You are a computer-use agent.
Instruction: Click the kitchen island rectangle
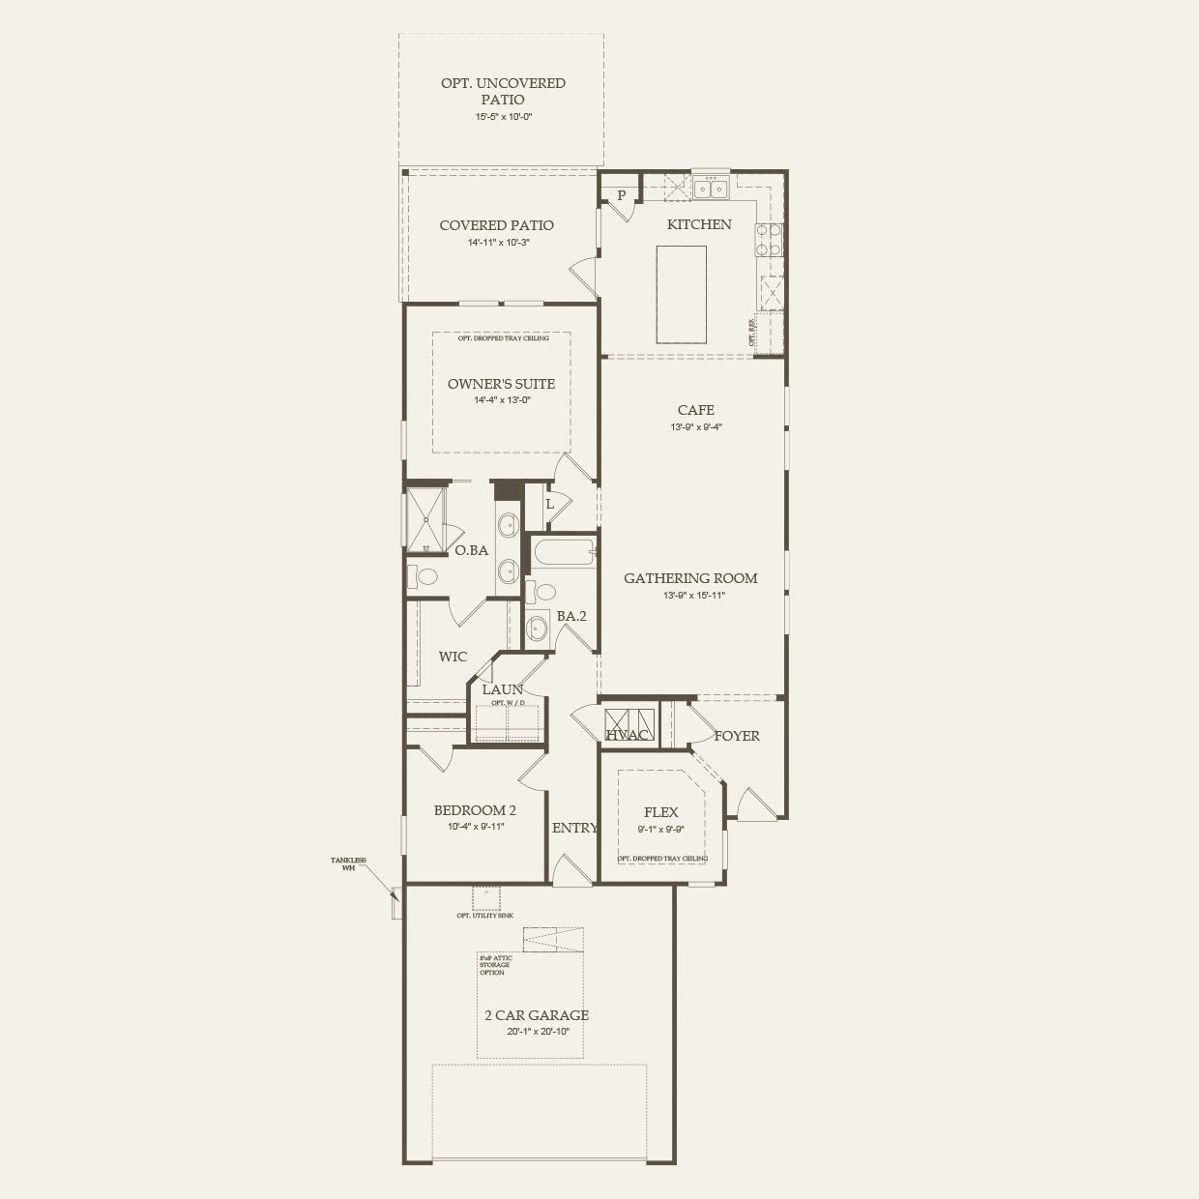click(681, 294)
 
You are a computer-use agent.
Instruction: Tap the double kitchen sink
click(710, 187)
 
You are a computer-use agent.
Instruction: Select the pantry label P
click(621, 194)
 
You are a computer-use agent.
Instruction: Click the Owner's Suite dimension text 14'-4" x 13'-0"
click(502, 400)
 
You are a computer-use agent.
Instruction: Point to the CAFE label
click(695, 410)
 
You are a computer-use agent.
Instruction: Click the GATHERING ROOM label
click(690, 578)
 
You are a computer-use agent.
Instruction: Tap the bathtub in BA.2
click(562, 554)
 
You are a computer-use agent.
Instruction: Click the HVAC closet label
click(627, 736)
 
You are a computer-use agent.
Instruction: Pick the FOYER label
click(737, 736)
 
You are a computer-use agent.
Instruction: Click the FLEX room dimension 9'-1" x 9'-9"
click(660, 829)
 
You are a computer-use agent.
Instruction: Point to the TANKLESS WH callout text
click(342, 863)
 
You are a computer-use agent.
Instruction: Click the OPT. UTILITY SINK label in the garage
click(485, 915)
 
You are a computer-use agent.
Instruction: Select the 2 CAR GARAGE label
click(537, 1015)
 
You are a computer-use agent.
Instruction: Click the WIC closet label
click(453, 657)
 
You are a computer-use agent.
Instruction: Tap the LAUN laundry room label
click(502, 689)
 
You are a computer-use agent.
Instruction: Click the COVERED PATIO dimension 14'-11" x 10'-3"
click(497, 243)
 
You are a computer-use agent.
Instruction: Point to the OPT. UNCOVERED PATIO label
click(503, 91)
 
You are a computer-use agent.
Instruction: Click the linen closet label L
click(549, 504)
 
